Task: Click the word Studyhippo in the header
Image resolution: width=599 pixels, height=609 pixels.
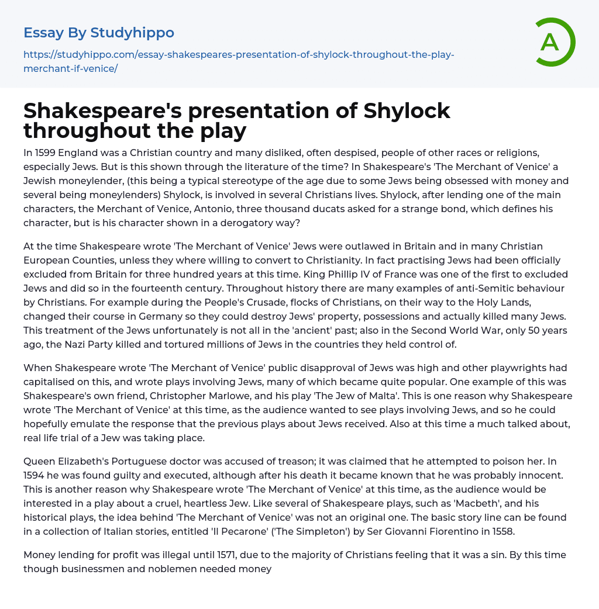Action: (132, 33)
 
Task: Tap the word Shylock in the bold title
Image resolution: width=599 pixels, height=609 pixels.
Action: (407, 110)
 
